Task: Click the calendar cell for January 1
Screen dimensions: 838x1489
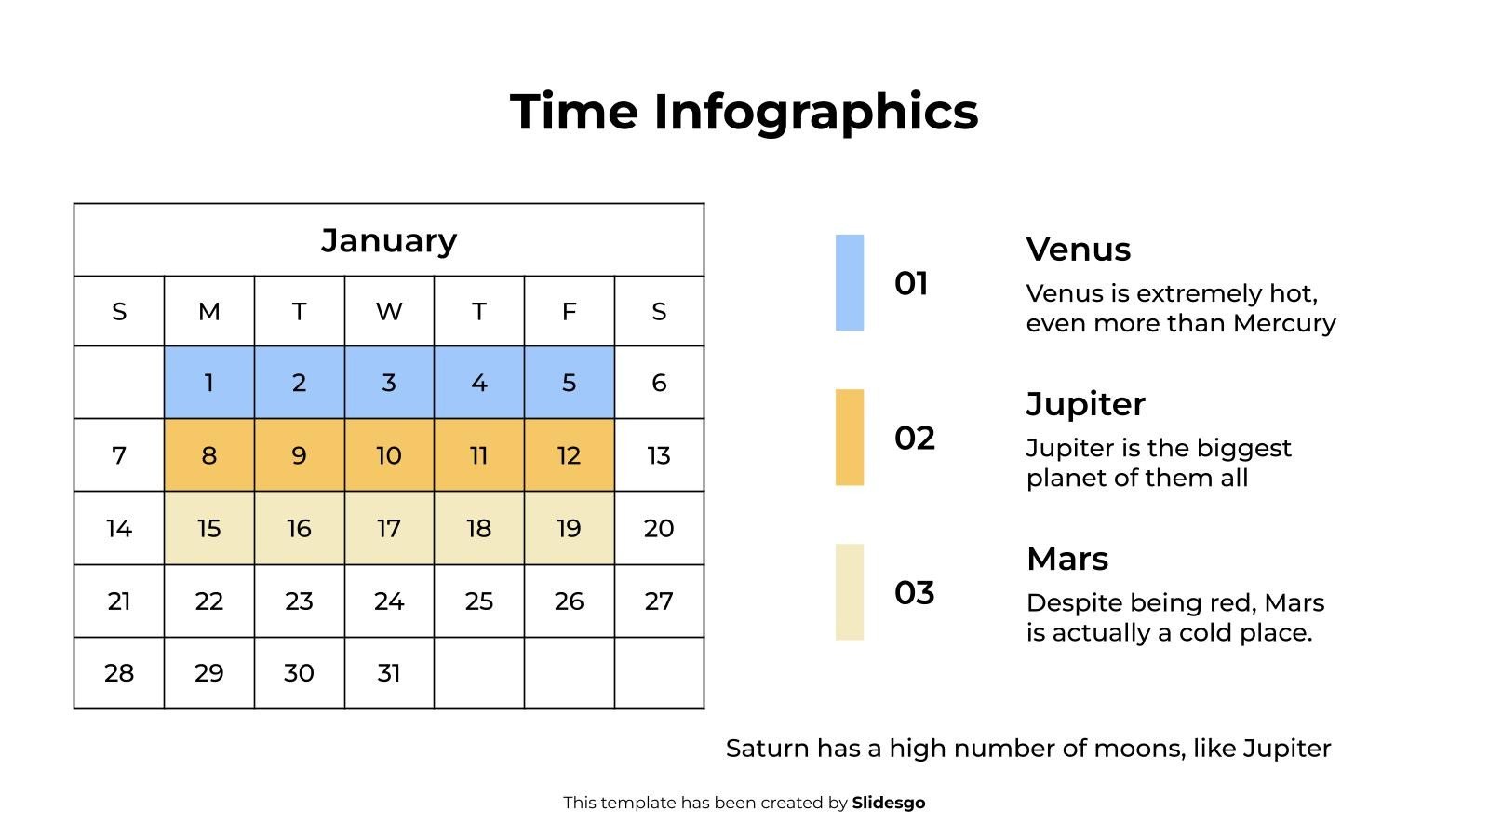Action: (x=208, y=383)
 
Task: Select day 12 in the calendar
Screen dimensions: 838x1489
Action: (x=569, y=455)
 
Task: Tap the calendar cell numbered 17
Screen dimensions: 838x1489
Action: (x=389, y=528)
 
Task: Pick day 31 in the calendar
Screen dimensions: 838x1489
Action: (x=389, y=672)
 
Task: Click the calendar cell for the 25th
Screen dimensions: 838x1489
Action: (x=478, y=601)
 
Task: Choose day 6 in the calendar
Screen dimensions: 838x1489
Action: (x=659, y=383)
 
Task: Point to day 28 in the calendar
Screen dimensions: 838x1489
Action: (x=119, y=672)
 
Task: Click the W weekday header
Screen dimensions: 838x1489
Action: (x=389, y=311)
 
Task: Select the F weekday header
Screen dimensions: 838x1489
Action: (x=569, y=311)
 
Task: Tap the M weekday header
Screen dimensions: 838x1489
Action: (x=208, y=311)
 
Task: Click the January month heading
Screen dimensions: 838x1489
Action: (x=389, y=240)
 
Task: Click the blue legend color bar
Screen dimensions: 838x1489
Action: (x=850, y=282)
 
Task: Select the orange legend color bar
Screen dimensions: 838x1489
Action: (x=850, y=437)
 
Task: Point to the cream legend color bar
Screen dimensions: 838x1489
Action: (x=850, y=591)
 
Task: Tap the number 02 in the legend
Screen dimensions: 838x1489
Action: (x=914, y=438)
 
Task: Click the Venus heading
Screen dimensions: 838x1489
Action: (x=1078, y=250)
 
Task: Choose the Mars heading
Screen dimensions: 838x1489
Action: (x=1066, y=559)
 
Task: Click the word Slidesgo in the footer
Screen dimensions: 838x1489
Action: (x=888, y=803)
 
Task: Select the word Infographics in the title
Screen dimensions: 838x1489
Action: (x=815, y=112)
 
